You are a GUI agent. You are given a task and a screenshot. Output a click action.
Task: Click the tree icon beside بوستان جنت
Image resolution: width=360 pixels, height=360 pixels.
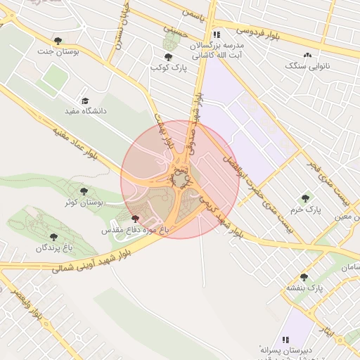[58, 41]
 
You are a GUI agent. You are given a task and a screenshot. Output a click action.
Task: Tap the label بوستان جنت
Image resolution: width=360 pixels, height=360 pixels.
[78, 52]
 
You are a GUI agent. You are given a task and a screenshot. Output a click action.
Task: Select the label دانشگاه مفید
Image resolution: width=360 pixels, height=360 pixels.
[84, 111]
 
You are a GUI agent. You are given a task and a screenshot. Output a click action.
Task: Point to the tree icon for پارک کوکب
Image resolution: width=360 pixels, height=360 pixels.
[167, 57]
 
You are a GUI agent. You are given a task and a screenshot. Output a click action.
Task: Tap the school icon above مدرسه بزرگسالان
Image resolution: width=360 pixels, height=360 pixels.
[217, 34]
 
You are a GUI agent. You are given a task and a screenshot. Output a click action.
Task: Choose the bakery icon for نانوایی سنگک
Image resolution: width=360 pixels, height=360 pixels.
[307, 55]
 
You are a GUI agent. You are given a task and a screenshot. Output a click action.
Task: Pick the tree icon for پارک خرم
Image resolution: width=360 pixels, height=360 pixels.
[304, 198]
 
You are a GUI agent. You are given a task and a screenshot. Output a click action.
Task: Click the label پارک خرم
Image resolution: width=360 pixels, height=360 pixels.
[304, 210]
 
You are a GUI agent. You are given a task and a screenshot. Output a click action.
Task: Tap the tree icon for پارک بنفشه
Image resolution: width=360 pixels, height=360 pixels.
[304, 277]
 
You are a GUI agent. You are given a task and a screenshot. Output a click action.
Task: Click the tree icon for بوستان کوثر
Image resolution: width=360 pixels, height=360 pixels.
[84, 191]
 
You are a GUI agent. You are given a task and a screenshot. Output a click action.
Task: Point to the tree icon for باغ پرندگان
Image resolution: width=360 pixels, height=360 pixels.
[55, 237]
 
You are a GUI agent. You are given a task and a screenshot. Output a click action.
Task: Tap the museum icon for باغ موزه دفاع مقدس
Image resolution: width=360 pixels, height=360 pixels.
[135, 219]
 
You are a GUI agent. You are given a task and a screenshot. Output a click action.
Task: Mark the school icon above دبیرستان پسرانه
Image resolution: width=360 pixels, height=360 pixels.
[285, 339]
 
